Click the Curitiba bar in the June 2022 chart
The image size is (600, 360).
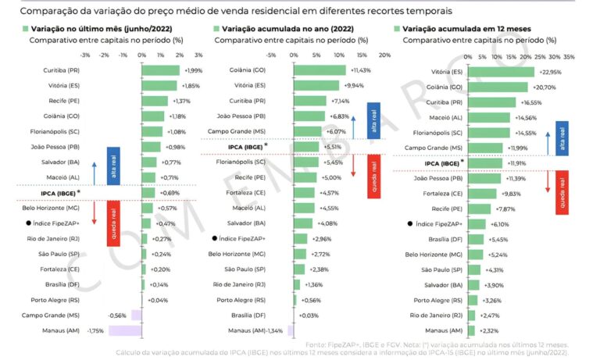pyautogui.click(x=160, y=70)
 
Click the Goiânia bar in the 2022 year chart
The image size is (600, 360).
pyautogui.click(x=320, y=70)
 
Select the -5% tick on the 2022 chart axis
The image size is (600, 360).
pyautogui.click(x=271, y=55)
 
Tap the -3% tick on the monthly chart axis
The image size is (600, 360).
pyautogui.click(x=85, y=55)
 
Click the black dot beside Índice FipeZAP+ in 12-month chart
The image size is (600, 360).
pyautogui.click(x=411, y=223)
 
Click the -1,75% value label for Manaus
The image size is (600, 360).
pyautogui.click(x=97, y=331)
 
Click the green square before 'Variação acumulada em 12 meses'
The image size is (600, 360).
pyautogui.click(x=396, y=28)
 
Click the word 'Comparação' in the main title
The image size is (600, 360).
pyautogui.click(x=45, y=11)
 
